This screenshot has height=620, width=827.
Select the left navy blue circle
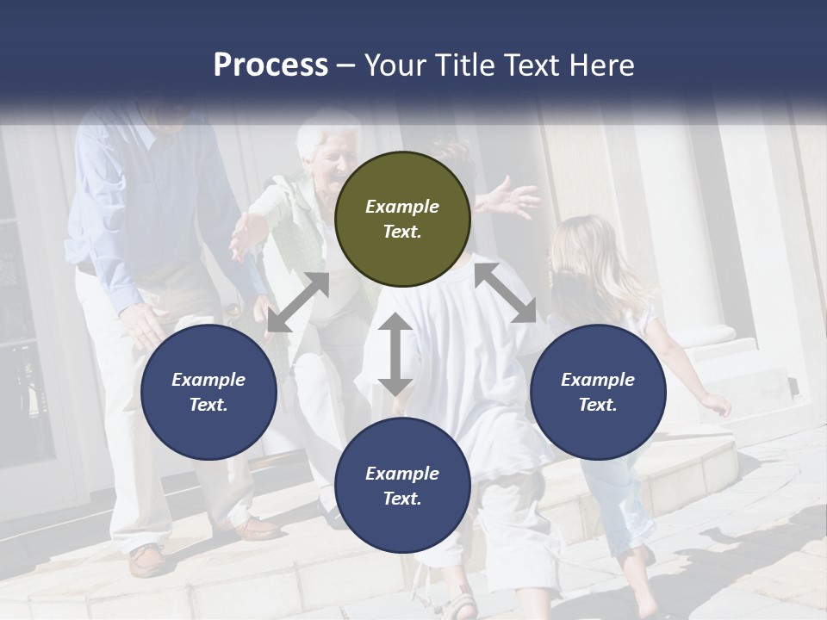(x=208, y=392)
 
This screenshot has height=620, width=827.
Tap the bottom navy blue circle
(x=402, y=485)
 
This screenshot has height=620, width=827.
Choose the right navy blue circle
(x=598, y=392)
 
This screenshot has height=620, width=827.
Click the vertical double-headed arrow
(x=395, y=354)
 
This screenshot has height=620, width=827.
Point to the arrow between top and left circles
(x=298, y=302)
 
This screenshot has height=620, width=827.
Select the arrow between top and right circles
(x=506, y=294)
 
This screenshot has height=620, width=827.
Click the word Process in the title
(x=270, y=65)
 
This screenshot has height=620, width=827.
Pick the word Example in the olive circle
(x=402, y=207)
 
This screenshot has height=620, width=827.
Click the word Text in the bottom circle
(x=401, y=499)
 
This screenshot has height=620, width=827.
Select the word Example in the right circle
(x=598, y=380)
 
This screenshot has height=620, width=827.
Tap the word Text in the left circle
(x=208, y=405)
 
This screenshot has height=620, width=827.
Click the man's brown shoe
(x=148, y=560)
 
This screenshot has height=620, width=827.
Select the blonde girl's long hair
(x=594, y=258)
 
